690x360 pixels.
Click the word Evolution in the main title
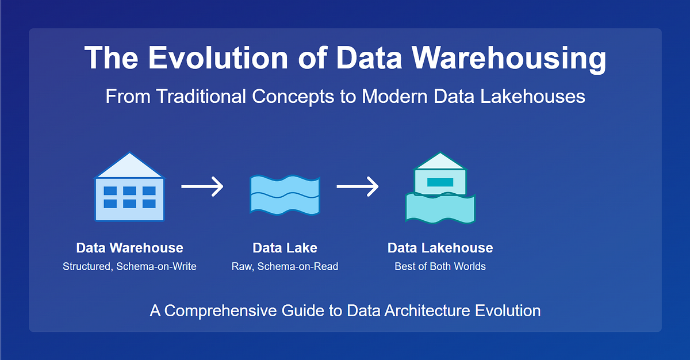click(x=218, y=58)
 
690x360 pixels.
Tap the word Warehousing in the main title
click(x=509, y=59)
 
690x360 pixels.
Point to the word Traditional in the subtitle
click(x=201, y=96)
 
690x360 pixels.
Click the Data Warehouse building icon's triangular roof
click(x=130, y=166)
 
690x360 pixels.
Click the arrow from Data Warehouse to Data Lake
click(x=202, y=186)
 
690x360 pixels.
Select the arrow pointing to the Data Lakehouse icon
click(x=358, y=186)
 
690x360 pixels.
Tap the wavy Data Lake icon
click(x=285, y=194)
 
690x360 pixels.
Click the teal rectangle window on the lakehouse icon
click(x=440, y=182)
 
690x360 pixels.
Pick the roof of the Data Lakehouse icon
click(x=440, y=161)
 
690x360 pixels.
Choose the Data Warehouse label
click(x=130, y=248)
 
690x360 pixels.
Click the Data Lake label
click(x=285, y=248)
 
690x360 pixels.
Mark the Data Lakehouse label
click(x=440, y=248)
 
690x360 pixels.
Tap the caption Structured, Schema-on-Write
click(x=130, y=266)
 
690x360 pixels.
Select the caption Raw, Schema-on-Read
click(x=285, y=266)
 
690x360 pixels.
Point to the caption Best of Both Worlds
click(x=440, y=266)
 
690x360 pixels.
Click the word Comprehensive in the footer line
click(x=221, y=311)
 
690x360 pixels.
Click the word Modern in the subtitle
click(x=395, y=96)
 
